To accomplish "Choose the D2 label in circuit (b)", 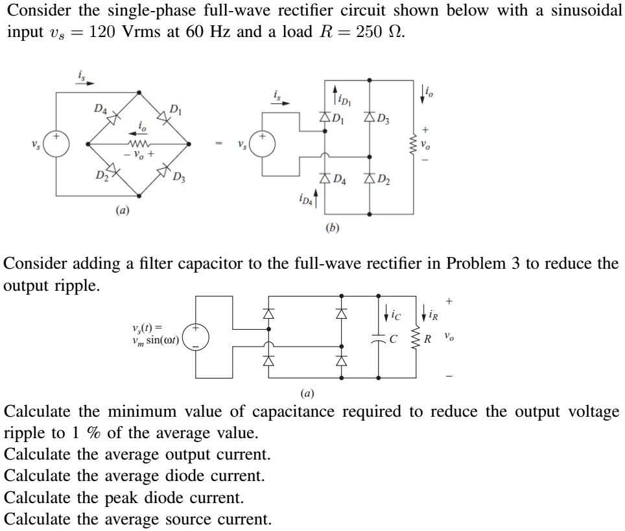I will [x=382, y=180].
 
